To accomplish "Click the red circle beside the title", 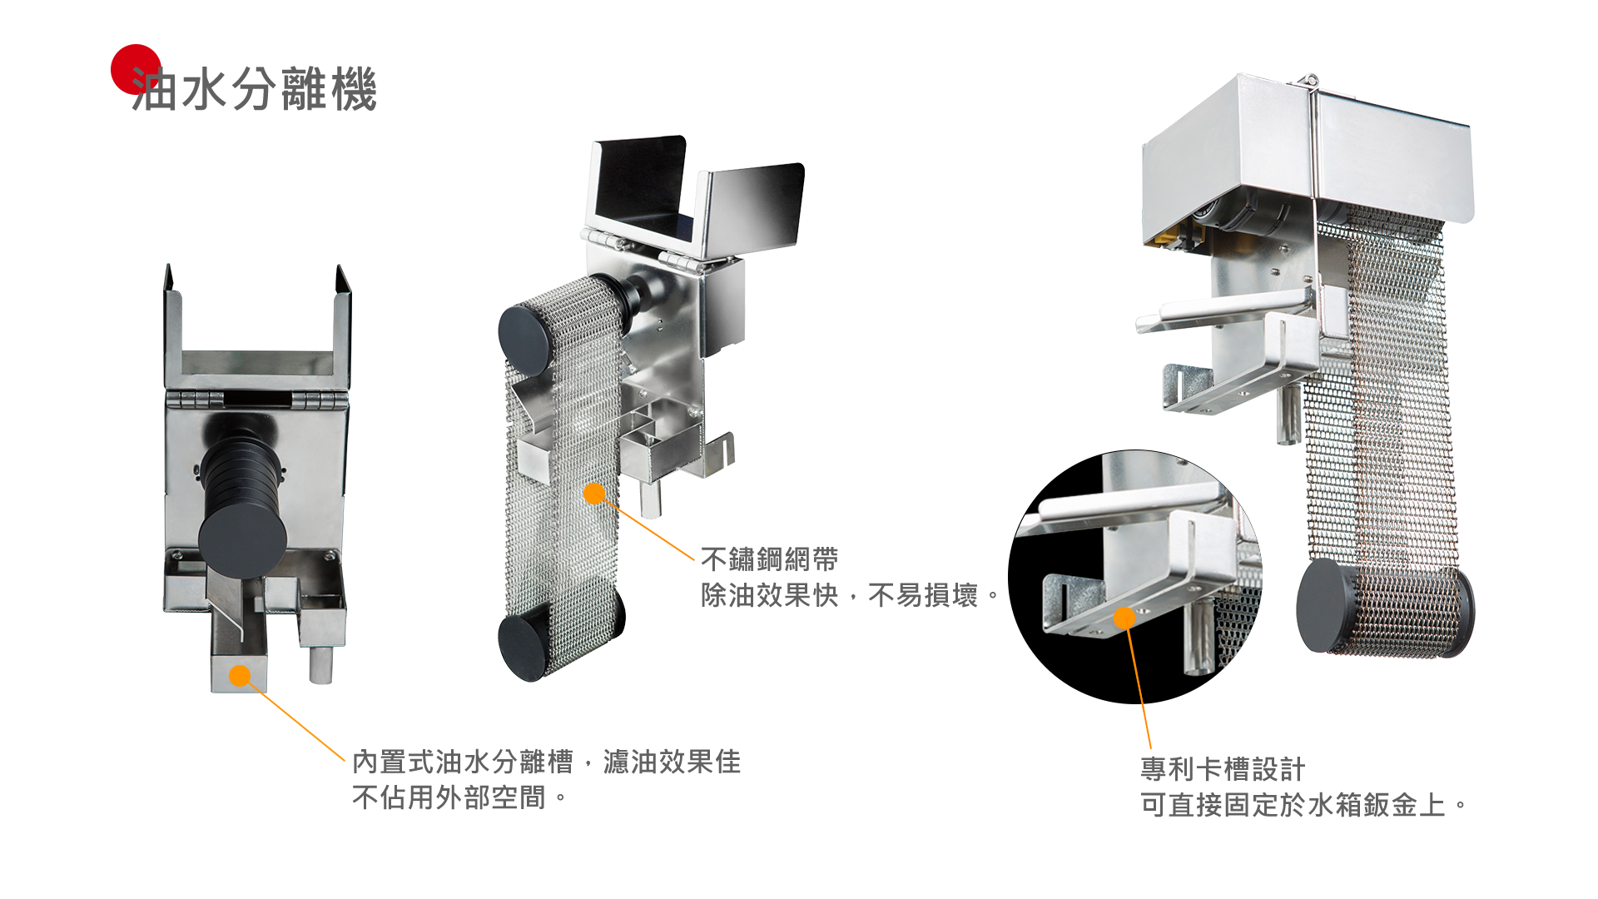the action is tap(136, 69).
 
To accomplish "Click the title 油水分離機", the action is tap(255, 89).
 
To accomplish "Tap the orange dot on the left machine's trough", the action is tap(240, 676).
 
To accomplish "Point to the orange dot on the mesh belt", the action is tap(594, 494).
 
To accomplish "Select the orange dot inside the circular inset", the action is tap(1124, 618).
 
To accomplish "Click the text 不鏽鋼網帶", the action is tap(769, 559).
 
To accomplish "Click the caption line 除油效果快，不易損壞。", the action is tap(850, 595).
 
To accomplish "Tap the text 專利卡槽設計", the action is tap(1223, 769).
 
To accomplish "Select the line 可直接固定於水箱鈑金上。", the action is tap(1303, 805).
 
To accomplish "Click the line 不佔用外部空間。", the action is tap(459, 797).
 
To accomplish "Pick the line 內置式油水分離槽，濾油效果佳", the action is tap(546, 762).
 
